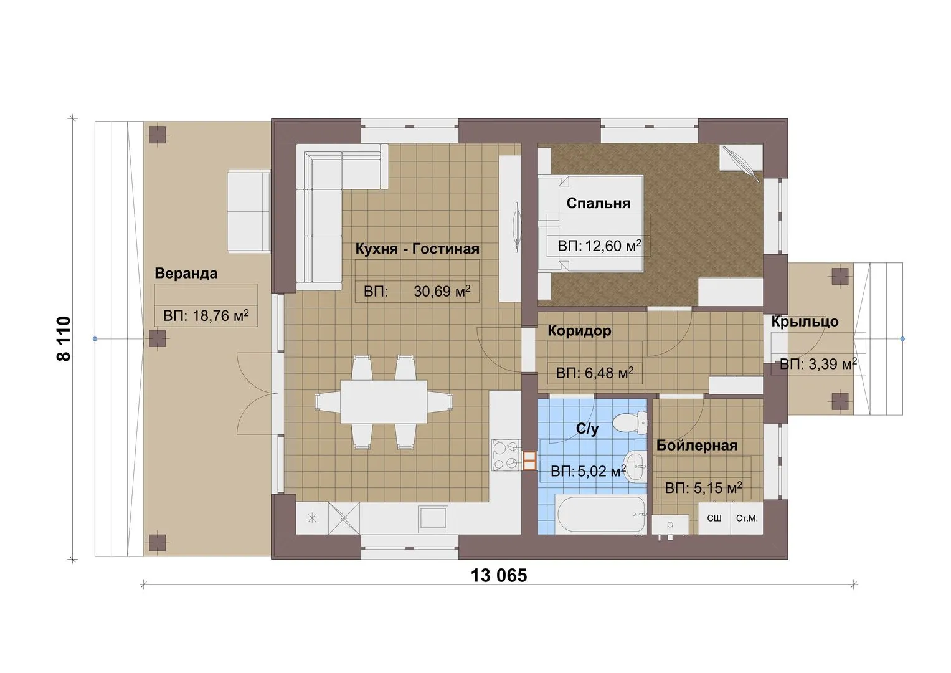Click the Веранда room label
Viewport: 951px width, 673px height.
pos(186,273)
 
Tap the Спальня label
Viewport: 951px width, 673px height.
pos(599,203)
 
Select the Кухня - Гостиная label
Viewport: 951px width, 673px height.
pos(417,249)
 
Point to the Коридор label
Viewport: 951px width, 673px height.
pos(580,330)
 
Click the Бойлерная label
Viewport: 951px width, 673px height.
pos(697,446)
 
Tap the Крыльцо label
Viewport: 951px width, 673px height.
pos(805,322)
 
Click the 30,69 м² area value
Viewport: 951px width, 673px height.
pos(442,291)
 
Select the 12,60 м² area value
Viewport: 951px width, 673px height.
pos(613,246)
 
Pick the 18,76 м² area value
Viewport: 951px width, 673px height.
pos(220,315)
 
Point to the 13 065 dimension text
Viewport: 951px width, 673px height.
pos(499,576)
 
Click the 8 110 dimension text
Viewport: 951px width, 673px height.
pos(64,338)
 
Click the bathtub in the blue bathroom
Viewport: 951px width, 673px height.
pos(600,514)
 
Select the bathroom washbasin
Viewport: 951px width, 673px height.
pos(635,466)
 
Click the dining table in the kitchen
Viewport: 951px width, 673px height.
pos(384,402)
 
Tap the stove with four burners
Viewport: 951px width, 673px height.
pos(506,455)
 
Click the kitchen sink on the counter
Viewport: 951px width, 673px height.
pos(433,518)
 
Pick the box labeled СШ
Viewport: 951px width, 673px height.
pos(714,518)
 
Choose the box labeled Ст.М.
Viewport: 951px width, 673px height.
pos(747,518)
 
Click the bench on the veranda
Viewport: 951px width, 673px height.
pos(248,212)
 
